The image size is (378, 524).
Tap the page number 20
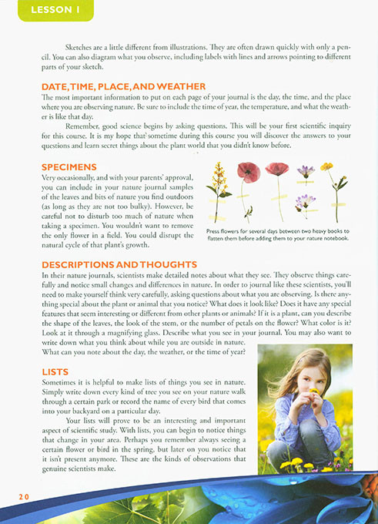point(24,497)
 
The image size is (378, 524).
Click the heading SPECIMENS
point(69,166)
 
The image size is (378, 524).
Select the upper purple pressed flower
point(306,171)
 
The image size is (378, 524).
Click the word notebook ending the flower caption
point(336,239)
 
